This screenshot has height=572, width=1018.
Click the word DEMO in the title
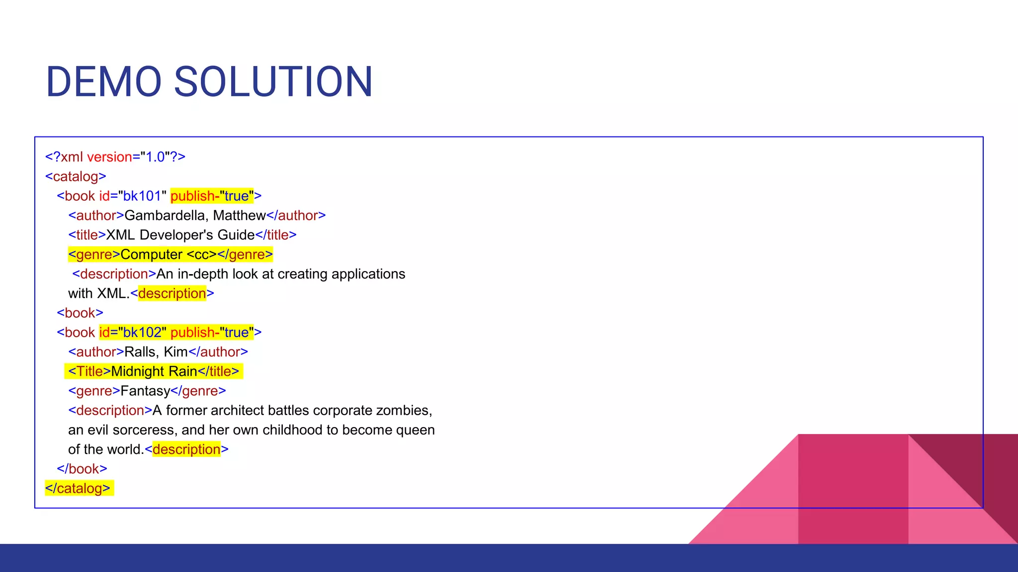pos(103,82)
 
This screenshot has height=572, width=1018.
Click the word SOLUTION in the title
pos(273,82)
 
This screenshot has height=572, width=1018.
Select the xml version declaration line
pos(115,157)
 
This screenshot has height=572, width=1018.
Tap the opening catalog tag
pos(76,176)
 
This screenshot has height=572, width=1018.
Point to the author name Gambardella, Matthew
pos(195,215)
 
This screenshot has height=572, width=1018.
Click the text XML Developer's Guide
pos(180,235)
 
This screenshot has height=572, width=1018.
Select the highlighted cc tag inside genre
pos(202,255)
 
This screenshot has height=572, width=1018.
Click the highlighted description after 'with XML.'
pos(172,293)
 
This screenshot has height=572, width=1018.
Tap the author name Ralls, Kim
pos(156,352)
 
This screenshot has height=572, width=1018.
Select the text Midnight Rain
pos(154,371)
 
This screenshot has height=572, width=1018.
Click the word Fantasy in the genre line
pos(145,391)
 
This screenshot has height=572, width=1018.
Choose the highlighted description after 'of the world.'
pos(186,449)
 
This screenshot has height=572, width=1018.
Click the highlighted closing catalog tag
pos(78,489)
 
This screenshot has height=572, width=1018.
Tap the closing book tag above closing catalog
pos(82,469)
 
